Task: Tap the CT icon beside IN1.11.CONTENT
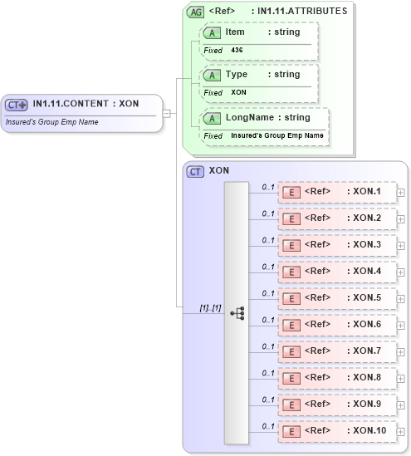(17, 105)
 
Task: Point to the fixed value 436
(237, 50)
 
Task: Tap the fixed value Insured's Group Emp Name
(277, 135)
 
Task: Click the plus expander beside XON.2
(401, 218)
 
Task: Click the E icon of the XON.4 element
(291, 272)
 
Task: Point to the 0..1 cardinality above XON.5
(268, 292)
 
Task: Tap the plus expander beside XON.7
(401, 351)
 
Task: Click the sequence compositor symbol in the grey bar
(237, 313)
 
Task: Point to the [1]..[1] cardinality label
(210, 308)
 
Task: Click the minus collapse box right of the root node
(167, 113)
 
